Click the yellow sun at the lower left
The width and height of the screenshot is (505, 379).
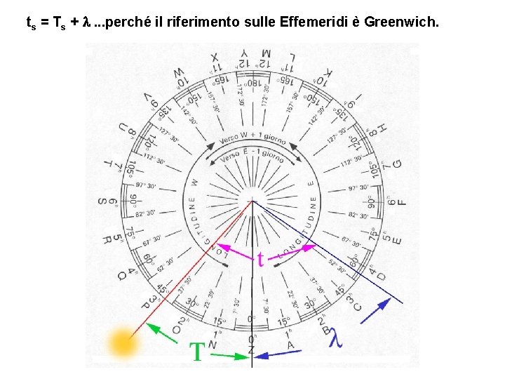(122, 344)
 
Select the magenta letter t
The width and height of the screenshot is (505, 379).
(261, 259)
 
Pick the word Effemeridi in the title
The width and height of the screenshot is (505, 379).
(312, 22)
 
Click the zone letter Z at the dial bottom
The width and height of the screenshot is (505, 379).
(252, 350)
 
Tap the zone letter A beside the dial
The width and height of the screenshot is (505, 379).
(290, 345)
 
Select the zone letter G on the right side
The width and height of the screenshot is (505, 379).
(398, 164)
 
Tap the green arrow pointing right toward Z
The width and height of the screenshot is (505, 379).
(231, 356)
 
